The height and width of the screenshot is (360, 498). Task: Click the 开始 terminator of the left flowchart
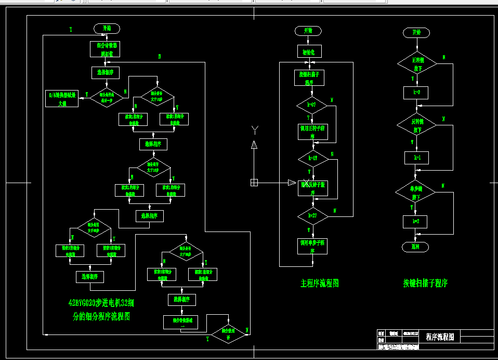tap(107, 28)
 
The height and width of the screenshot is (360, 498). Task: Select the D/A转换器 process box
tap(63, 99)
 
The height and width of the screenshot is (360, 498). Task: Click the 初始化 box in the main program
tap(309, 51)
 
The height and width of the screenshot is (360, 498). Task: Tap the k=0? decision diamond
tap(312, 105)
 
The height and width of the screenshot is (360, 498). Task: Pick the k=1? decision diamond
tap(313, 158)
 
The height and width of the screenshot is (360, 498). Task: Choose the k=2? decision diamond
tap(313, 215)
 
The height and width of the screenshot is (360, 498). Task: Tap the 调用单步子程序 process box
tap(312, 246)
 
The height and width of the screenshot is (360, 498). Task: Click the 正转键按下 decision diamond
tap(417, 64)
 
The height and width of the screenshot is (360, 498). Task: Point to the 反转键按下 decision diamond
tap(417, 125)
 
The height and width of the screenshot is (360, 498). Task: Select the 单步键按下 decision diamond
tap(416, 193)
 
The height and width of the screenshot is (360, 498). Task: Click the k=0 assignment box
tap(416, 93)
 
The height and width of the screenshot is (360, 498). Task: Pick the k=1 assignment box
tap(416, 158)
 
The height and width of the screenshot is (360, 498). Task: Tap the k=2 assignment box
tap(415, 222)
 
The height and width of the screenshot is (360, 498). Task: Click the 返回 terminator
tap(415, 246)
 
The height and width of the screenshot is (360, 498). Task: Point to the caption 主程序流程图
tap(320, 284)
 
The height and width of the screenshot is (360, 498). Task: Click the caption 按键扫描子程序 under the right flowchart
tap(425, 284)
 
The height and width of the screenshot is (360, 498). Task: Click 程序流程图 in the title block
tap(440, 337)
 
